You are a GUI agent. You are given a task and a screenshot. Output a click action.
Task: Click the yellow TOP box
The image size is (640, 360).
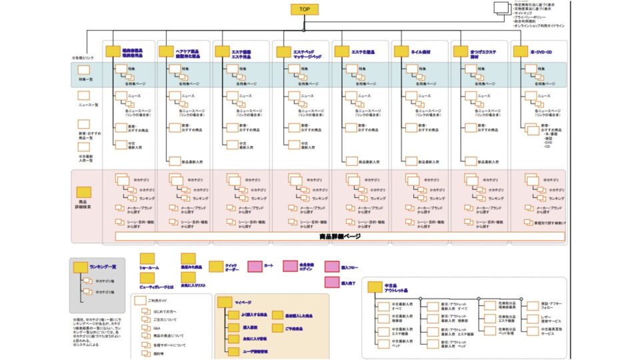tap(304, 9)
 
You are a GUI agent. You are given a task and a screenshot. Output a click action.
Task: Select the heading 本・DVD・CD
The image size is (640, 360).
tap(540, 51)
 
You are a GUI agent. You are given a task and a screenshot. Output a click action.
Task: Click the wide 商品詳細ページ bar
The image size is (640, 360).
tap(340, 236)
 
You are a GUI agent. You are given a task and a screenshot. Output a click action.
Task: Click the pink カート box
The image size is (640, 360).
tap(255, 266)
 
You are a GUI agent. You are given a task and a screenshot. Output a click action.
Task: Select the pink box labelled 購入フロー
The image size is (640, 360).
tap(332, 266)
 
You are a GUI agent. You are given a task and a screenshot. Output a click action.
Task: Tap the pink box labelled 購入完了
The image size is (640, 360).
tap(332, 283)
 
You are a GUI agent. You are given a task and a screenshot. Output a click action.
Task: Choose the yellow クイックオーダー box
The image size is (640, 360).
tap(216, 266)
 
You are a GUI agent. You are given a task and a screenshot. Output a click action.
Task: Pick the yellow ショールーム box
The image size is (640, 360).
tap(147, 259)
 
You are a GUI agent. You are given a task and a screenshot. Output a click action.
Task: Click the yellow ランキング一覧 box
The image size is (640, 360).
tap(81, 267)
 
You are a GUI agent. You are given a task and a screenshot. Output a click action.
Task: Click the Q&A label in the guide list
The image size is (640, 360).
tap(158, 328)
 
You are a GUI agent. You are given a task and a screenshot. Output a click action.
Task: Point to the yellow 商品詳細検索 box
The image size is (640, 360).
tap(84, 192)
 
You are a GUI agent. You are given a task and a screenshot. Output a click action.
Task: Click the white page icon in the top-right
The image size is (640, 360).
tap(501, 8)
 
